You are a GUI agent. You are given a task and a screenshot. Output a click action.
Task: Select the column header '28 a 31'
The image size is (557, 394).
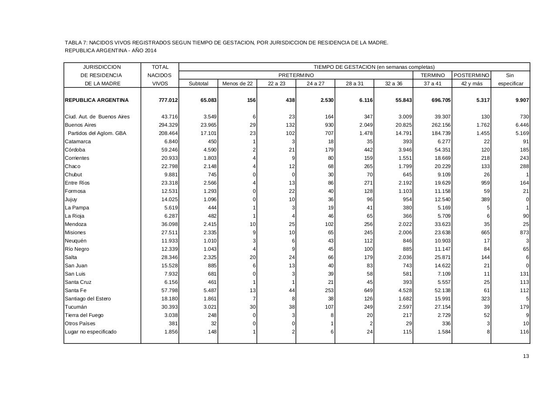pos(354,84)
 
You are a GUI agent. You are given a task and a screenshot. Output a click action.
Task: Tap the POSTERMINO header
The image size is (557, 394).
pos(471,75)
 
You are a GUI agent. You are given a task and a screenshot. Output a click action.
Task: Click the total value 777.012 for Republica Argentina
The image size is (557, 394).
pos(168,100)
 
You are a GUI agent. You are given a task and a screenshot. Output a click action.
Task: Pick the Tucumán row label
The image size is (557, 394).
pos(76,307)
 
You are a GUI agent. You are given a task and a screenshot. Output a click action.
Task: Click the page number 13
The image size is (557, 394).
pos(526,356)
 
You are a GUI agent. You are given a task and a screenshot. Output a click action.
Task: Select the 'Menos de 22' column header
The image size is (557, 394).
pos(237,84)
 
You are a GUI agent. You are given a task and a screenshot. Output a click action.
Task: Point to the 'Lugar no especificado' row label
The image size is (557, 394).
pos(91,332)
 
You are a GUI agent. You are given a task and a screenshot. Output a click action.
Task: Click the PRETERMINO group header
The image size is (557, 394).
pos(296,75)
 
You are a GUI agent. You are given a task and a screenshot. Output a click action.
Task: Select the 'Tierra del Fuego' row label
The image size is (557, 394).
pos(84,315)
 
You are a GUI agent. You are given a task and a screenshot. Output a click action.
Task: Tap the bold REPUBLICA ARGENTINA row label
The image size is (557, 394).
pos(97,100)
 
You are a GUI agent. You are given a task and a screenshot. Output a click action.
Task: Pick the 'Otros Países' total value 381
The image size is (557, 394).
pos(173,323)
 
